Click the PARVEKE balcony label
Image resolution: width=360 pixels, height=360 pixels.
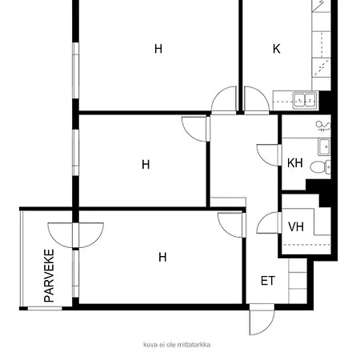[x=49, y=275]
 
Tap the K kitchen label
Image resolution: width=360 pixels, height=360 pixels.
[x=277, y=49]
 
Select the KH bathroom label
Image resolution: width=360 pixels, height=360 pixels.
[x=295, y=162]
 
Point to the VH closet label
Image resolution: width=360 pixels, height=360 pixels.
[x=296, y=226]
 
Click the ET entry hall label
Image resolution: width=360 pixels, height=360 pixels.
[x=268, y=281]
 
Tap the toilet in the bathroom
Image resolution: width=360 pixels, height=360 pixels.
[x=320, y=167]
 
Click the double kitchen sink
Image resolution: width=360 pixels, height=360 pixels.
[x=305, y=101]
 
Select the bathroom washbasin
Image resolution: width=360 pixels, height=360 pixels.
[x=324, y=147]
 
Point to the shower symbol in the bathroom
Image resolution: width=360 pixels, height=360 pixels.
[x=323, y=126]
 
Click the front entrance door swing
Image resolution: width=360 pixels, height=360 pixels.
[x=262, y=319]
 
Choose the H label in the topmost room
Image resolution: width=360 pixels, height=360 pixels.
[x=158, y=49]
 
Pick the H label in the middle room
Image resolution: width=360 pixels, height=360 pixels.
[x=146, y=165]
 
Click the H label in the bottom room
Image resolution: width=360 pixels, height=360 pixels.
[x=162, y=257]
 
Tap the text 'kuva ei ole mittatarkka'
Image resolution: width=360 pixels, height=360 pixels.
[x=177, y=345]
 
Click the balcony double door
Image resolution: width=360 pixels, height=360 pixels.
[x=76, y=235]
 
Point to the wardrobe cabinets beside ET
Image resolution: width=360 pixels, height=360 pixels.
[x=298, y=281]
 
